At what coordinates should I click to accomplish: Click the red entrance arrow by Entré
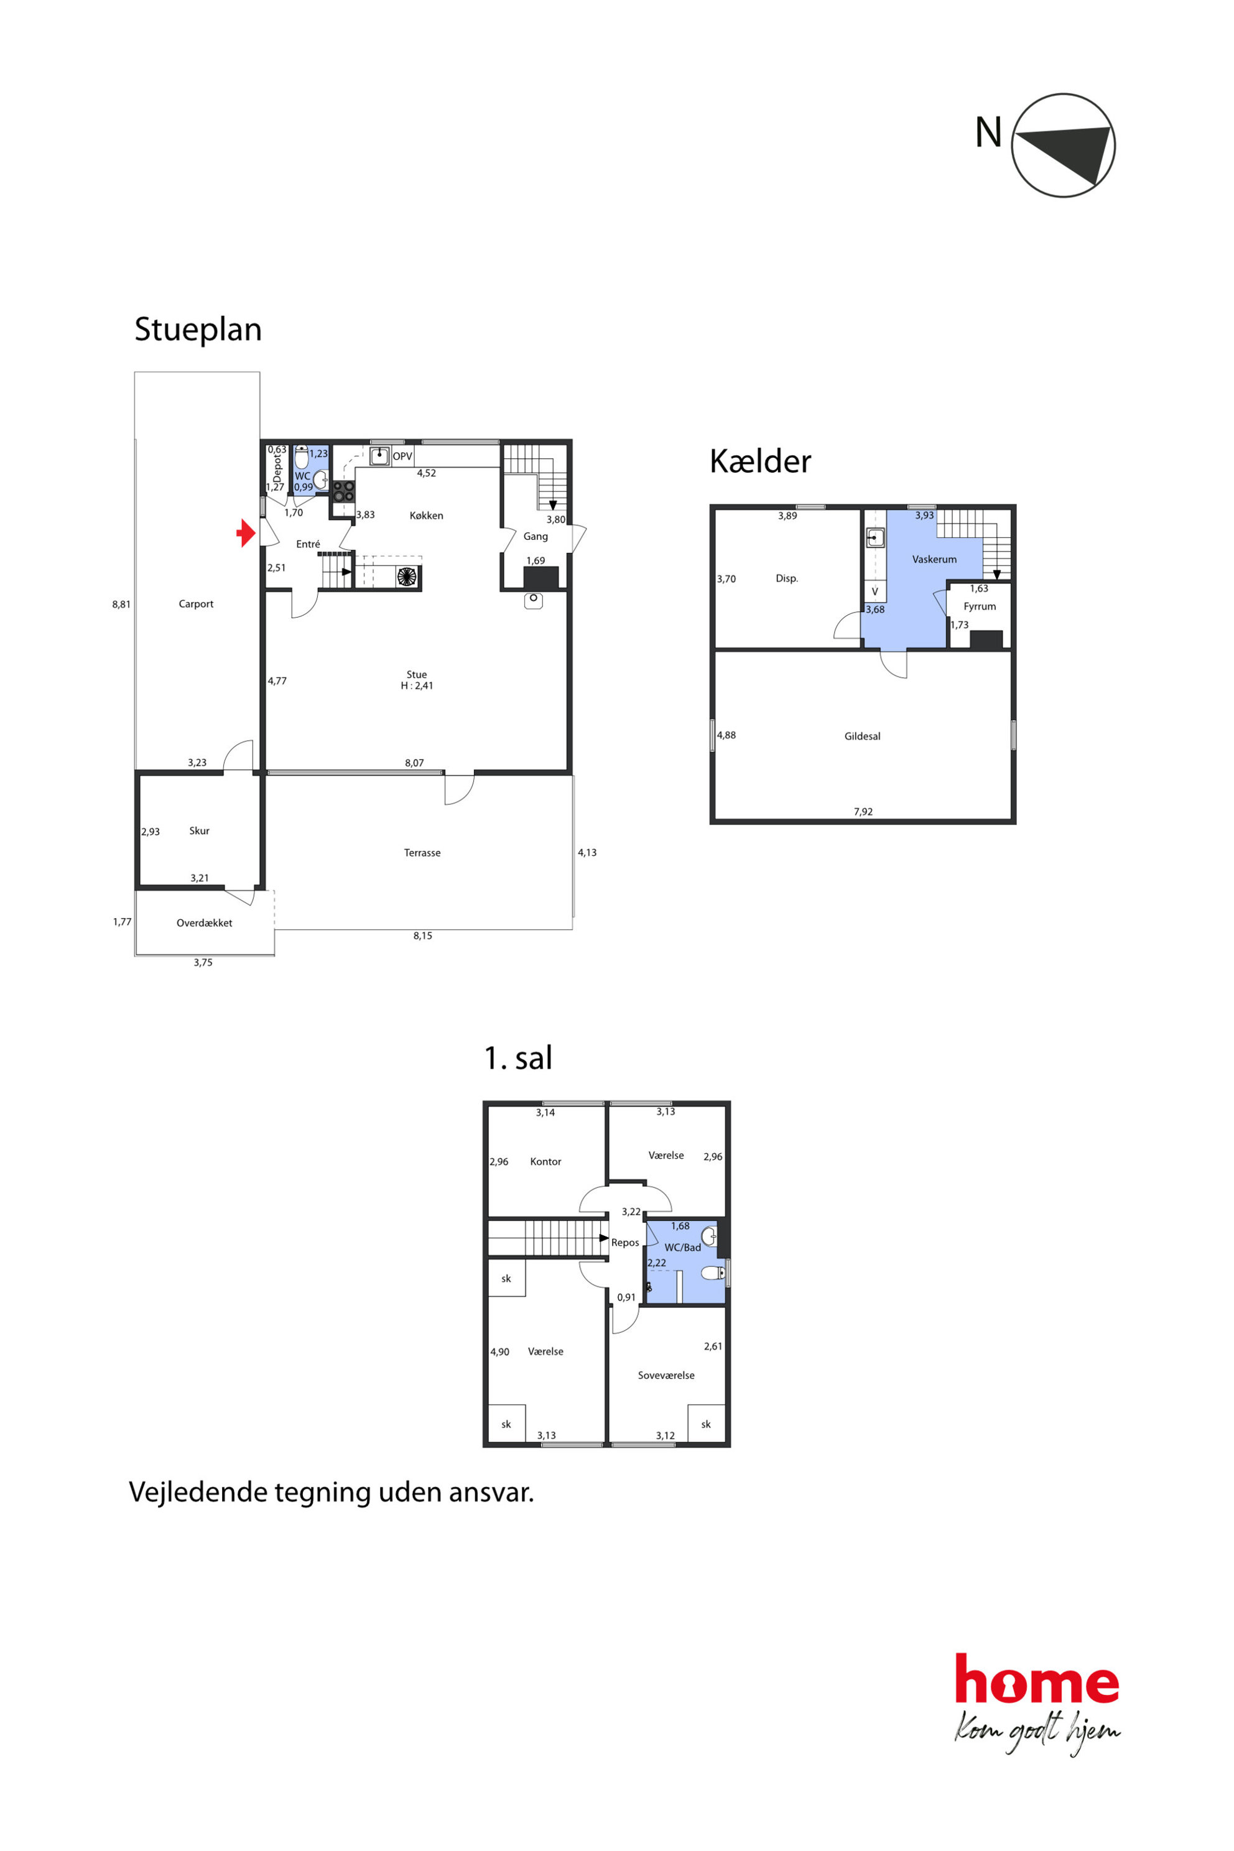click(246, 533)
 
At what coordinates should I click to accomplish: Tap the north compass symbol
click(1062, 146)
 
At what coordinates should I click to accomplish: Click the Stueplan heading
click(198, 330)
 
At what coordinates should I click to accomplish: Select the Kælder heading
click(759, 461)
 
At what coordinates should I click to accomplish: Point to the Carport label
click(196, 603)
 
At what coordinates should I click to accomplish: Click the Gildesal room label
click(863, 736)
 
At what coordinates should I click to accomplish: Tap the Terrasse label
click(422, 852)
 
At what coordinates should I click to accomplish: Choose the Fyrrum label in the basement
click(980, 606)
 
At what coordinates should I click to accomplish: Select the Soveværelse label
click(666, 1375)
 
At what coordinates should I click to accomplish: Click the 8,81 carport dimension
click(121, 605)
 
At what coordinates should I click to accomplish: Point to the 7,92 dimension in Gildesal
click(863, 812)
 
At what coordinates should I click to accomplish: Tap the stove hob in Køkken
click(343, 491)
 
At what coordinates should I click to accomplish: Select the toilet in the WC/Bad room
click(713, 1273)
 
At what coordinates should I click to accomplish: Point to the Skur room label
click(199, 830)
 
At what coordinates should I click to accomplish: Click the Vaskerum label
click(934, 559)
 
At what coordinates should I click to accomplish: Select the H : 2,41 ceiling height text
click(417, 685)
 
